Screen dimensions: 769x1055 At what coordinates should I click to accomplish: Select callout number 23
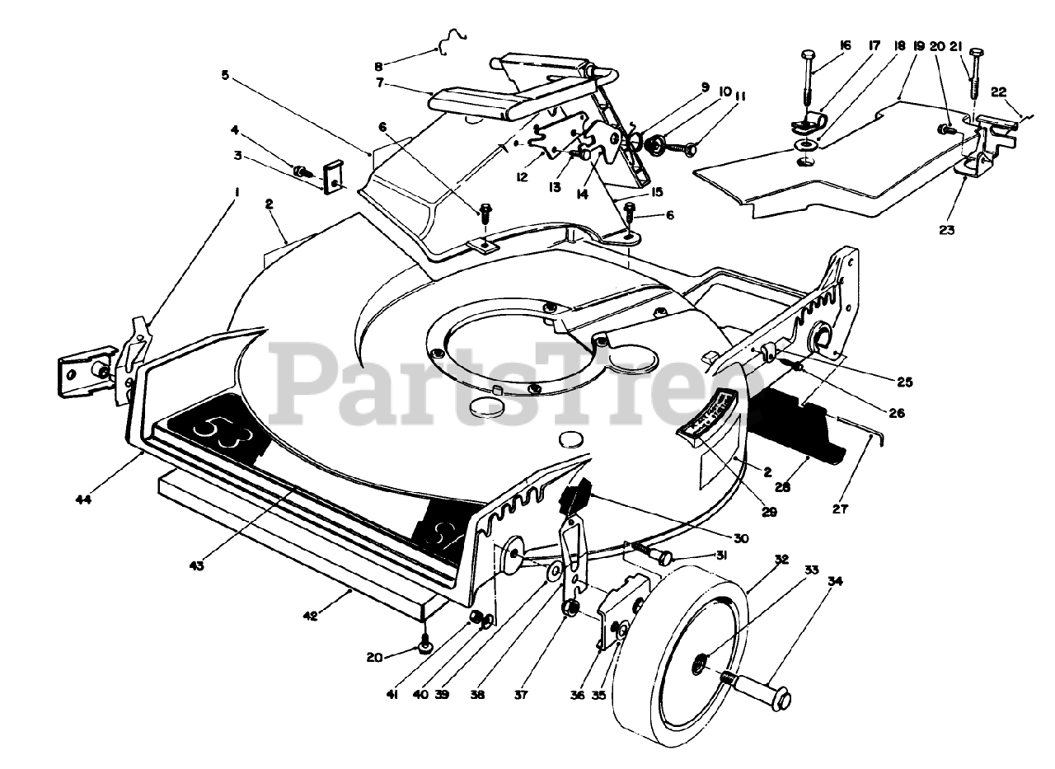946,231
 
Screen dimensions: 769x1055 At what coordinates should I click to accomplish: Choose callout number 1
237,191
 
